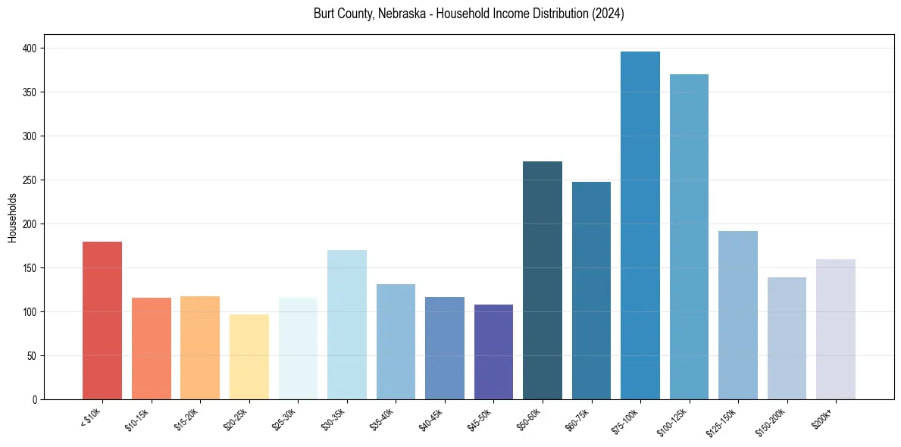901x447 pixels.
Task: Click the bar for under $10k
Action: point(102,320)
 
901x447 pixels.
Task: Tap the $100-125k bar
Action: point(689,236)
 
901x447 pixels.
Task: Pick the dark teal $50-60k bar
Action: point(543,280)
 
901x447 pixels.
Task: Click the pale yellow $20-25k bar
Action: point(249,357)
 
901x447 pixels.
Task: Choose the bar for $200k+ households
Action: point(836,330)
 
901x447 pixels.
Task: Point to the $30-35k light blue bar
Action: point(347,325)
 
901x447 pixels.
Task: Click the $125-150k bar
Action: point(738,315)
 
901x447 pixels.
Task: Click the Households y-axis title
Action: point(12,217)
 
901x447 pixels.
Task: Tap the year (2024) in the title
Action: point(608,14)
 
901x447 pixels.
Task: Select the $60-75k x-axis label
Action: point(577,418)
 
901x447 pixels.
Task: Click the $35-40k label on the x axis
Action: point(382,418)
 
